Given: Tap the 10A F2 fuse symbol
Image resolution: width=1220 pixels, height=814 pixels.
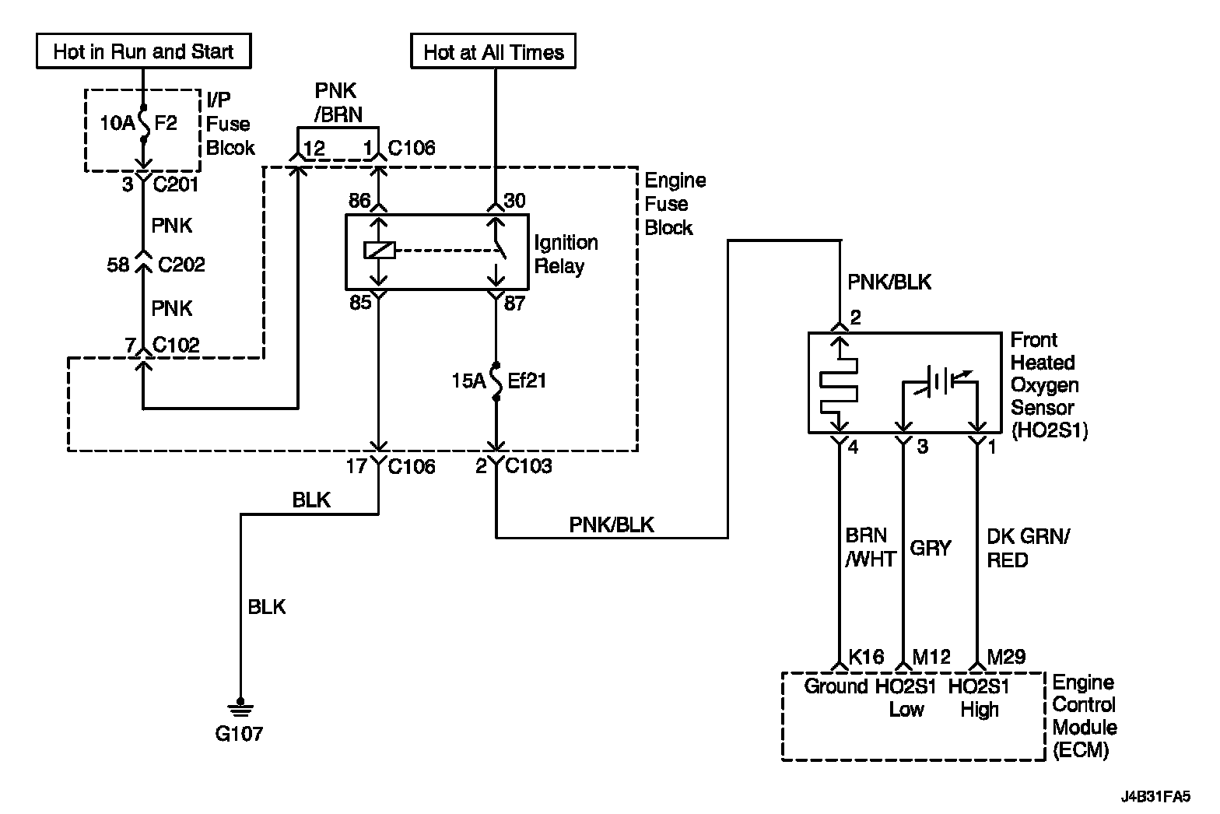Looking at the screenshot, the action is tap(144, 124).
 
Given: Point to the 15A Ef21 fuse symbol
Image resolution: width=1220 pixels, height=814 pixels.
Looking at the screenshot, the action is tap(496, 381).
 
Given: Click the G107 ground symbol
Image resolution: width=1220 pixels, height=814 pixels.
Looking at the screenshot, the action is tap(240, 707).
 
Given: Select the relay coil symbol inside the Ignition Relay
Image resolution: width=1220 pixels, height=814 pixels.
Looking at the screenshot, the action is tap(379, 250).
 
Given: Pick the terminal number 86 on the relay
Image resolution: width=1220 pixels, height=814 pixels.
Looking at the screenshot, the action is tap(359, 201).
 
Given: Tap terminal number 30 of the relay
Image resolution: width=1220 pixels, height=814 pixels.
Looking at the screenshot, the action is tap(515, 201).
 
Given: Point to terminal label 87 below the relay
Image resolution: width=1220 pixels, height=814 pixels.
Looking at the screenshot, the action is tap(515, 303).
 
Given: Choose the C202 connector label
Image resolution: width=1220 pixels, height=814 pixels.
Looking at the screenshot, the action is tap(181, 265).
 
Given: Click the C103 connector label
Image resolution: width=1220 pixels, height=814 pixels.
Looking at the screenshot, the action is tap(528, 466).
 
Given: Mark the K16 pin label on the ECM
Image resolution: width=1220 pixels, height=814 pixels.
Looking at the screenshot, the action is tap(866, 657).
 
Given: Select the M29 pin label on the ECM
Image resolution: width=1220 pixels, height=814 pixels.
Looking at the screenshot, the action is tap(1006, 657).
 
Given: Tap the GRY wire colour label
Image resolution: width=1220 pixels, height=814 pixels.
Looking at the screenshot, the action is tap(931, 548).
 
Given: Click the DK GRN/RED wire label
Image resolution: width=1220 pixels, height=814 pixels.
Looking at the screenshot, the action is tap(1029, 548).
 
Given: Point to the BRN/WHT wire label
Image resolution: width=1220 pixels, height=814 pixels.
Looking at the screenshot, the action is tap(871, 547).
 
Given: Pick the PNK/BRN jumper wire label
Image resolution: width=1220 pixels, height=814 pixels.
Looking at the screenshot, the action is tap(338, 103).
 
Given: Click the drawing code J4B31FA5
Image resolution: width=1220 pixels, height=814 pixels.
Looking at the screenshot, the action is tap(1155, 797).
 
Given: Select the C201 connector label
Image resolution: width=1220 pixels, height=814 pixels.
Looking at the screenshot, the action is tap(175, 184).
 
